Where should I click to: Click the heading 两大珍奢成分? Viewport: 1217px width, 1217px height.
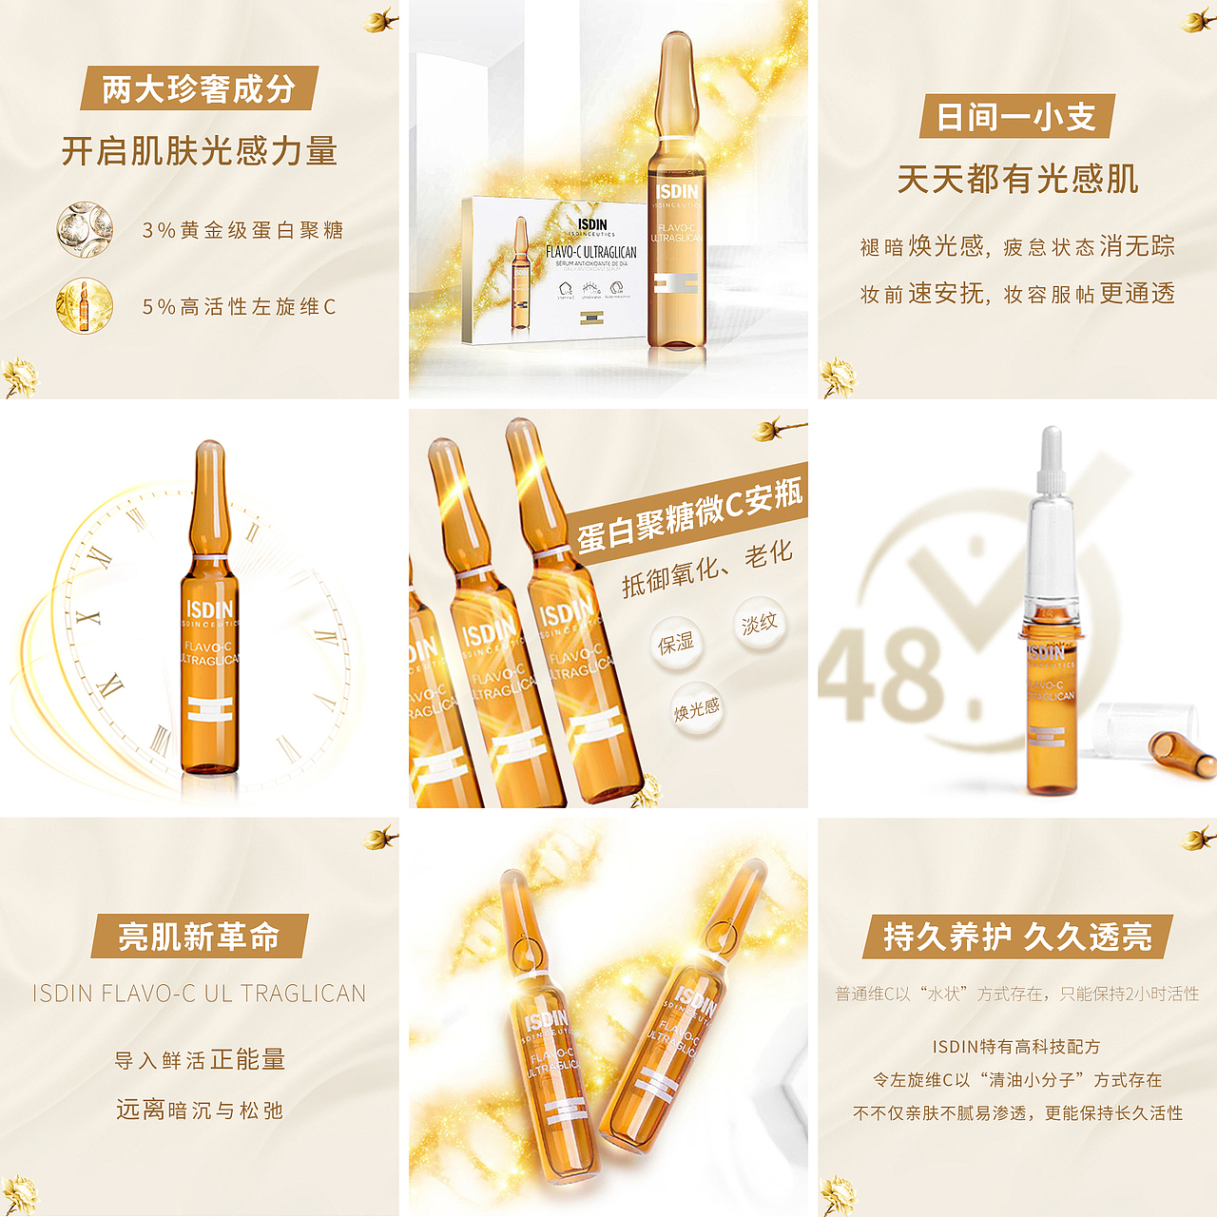pos(199,89)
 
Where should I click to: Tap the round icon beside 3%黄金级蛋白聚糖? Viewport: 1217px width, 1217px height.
pos(85,230)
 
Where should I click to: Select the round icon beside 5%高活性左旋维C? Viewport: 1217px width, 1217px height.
pos(85,306)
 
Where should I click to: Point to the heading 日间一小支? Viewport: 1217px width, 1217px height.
pos(1016,117)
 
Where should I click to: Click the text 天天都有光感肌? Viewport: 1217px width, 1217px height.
pos(1017,179)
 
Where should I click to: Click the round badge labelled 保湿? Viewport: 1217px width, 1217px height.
pos(676,644)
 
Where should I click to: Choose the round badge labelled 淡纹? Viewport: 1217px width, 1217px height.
pos(759,624)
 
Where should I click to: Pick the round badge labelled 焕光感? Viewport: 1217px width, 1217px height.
pos(697,709)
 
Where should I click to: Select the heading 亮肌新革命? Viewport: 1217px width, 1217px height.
pos(199,937)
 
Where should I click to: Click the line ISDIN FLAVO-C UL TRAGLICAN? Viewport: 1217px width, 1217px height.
pos(199,994)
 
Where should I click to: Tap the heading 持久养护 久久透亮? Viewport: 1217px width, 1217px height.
pos(1017,937)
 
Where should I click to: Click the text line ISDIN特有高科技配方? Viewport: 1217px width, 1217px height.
pos(1016,1047)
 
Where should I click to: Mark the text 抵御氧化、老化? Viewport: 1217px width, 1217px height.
pos(706,569)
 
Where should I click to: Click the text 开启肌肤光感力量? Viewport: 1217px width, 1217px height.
pos(200,151)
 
